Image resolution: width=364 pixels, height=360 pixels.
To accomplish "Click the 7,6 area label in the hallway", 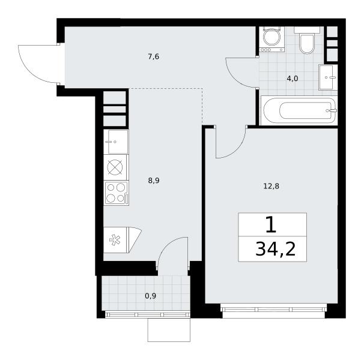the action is point(153,56).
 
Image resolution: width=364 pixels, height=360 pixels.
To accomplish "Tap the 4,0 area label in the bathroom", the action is point(293,79).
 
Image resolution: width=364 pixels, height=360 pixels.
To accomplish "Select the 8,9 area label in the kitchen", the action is point(154,181).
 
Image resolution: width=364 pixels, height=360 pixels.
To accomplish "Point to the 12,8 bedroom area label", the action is point(271,186).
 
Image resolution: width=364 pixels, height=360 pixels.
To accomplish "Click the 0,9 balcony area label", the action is point(150,296).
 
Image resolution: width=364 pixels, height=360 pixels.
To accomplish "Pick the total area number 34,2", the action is point(276,249).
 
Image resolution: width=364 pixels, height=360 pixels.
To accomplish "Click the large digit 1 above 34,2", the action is point(271,224).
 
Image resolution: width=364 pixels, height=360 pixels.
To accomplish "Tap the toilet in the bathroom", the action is point(307,40).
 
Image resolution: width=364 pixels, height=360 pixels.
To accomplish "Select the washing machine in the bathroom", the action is point(272,39).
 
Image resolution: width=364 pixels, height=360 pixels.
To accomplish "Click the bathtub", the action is point(299,111).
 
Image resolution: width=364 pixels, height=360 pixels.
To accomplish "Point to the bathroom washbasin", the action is point(328,77).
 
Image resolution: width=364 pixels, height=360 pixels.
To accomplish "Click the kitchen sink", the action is point(116,142).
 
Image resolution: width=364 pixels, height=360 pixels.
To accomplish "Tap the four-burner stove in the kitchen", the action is point(117,193).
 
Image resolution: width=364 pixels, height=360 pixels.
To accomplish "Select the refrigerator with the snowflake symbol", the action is point(123,240).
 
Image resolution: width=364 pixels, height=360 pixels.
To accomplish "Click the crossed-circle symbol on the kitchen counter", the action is point(115,167).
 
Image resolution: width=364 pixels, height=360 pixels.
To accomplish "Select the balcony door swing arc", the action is point(166,245).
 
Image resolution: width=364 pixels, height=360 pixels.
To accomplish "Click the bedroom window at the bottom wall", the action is point(274,310).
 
